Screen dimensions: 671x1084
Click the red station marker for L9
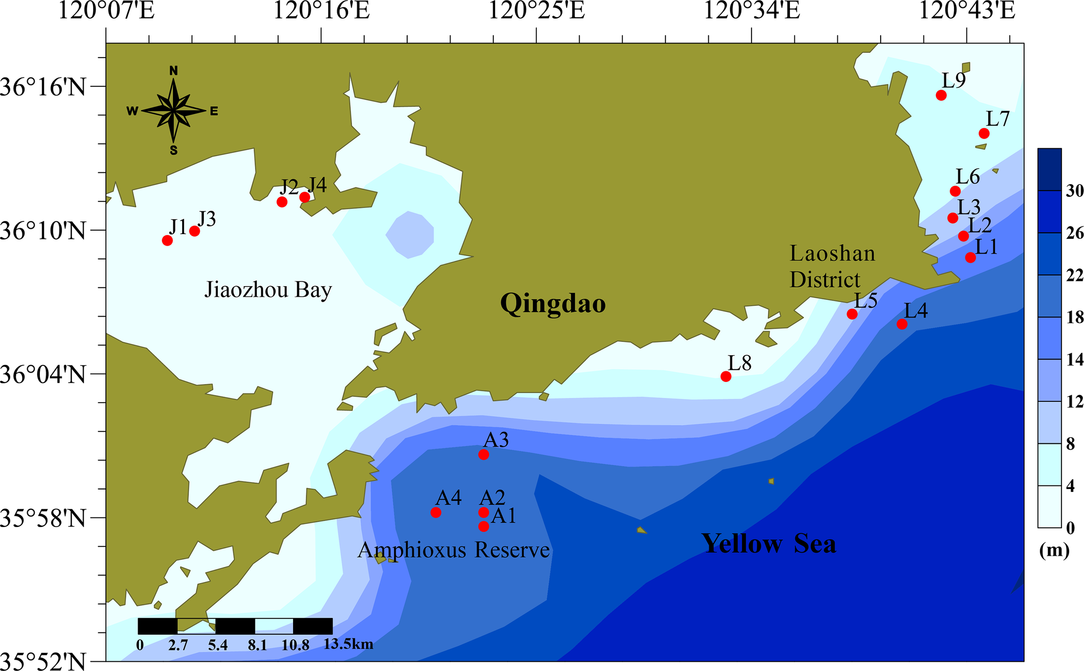tap(941, 95)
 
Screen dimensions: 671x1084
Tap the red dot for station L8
tap(726, 376)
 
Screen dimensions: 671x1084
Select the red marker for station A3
tap(484, 454)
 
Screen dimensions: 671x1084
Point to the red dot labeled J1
tap(167, 241)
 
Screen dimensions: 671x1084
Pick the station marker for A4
tap(436, 512)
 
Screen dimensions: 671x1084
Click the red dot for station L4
tap(902, 324)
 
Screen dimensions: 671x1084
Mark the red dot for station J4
tap(304, 197)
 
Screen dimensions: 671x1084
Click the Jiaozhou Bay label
tap(268, 290)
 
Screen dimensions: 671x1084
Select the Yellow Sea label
tap(768, 544)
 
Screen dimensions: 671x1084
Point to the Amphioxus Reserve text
tap(453, 550)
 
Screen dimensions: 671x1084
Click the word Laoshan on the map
tap(833, 254)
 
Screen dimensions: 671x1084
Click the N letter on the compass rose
tap(173, 71)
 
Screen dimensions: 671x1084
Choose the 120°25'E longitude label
tap(536, 11)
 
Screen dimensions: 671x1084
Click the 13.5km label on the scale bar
tap(348, 644)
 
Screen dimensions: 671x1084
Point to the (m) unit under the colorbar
tap(1054, 550)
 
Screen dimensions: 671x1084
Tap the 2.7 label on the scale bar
tap(178, 645)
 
